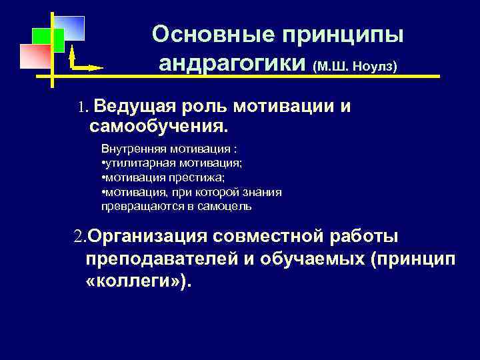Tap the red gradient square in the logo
pos(35,56)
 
